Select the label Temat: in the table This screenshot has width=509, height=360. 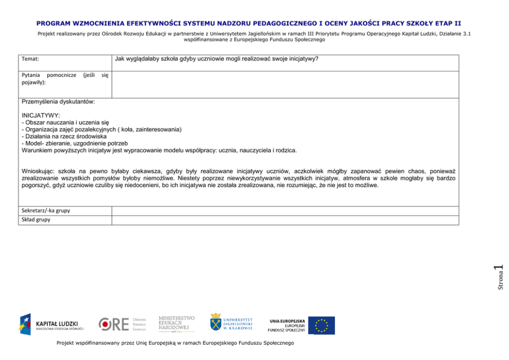pyautogui.click(x=31, y=59)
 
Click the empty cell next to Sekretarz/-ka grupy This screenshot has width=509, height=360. pyautogui.click(x=285, y=210)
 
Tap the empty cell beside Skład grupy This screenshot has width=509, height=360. pyautogui.click(x=285, y=219)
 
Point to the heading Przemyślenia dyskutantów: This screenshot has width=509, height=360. pyautogui.click(x=58, y=102)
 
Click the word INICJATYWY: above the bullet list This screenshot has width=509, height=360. pyautogui.click(x=41, y=115)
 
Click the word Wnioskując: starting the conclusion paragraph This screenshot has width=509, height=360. pyautogui.click(x=38, y=171)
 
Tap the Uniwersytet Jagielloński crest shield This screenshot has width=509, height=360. pyautogui.click(x=216, y=322)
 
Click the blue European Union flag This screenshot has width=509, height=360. pyautogui.click(x=321, y=325)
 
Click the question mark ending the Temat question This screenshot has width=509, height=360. pyautogui.click(x=317, y=58)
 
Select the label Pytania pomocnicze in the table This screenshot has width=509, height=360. pyautogui.click(x=49, y=75)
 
